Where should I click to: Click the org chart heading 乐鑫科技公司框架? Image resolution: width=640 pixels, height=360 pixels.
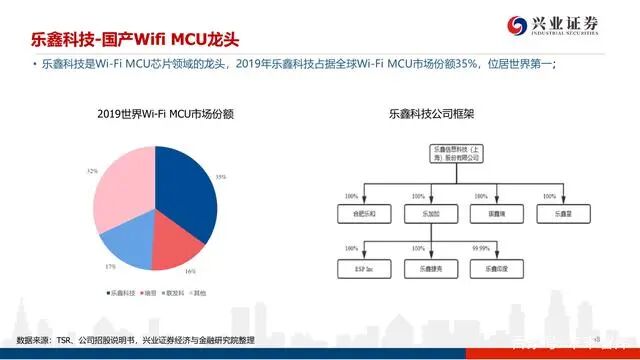[x=430, y=114]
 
